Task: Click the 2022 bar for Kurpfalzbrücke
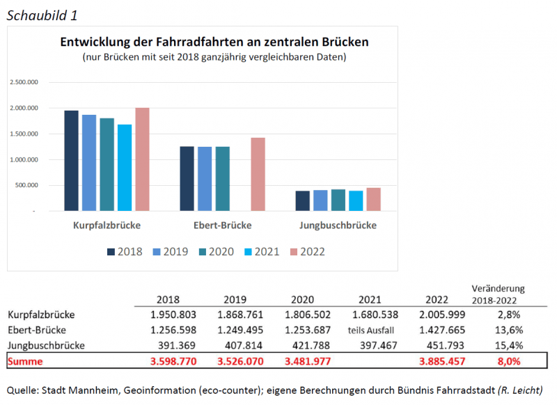pyautogui.click(x=142, y=159)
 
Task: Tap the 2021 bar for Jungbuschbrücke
pyautogui.click(x=356, y=200)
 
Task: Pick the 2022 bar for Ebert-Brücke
pyautogui.click(x=258, y=174)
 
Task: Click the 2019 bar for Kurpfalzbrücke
pyautogui.click(x=89, y=163)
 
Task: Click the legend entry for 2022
pyautogui.click(x=306, y=252)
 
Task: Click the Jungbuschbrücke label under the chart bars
pyautogui.click(x=338, y=225)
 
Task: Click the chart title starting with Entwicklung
pyautogui.click(x=214, y=42)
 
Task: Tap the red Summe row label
pyautogui.click(x=24, y=362)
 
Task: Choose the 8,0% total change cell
pyautogui.click(x=507, y=362)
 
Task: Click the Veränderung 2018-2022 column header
pyautogui.click(x=497, y=294)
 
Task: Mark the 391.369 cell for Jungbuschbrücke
pyautogui.click(x=171, y=346)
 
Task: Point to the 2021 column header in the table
pyautogui.click(x=369, y=299)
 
